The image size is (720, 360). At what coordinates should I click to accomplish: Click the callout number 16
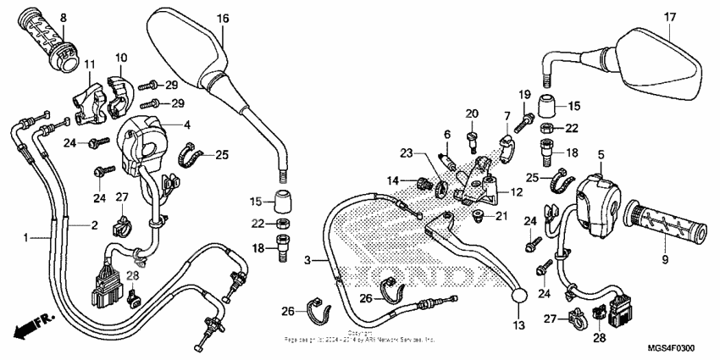(x=223, y=19)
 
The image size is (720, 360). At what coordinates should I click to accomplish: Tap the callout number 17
(x=669, y=17)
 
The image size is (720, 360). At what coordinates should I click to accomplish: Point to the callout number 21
(x=501, y=216)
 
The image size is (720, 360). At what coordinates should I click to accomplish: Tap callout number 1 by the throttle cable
(x=26, y=236)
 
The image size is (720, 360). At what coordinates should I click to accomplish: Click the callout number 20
(x=471, y=114)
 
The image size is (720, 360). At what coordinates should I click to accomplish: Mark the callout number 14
(x=392, y=180)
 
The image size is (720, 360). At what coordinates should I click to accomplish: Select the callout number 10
(x=120, y=58)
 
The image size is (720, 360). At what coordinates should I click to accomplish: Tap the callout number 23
(x=406, y=153)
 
